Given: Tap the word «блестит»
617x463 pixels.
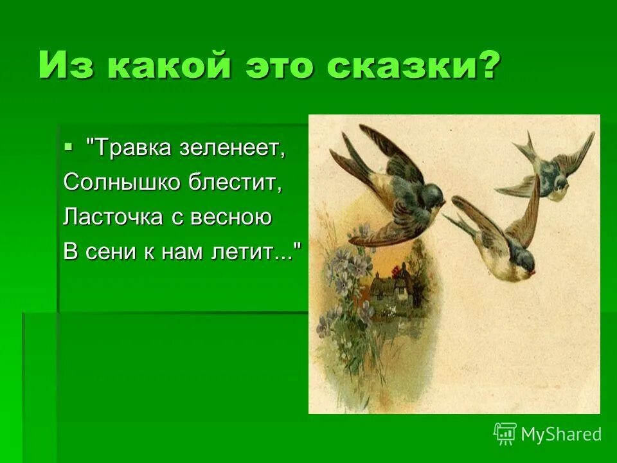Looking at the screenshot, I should coord(235,183).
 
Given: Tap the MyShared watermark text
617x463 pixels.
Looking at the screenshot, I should coord(561,435).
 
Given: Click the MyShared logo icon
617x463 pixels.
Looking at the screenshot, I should coord(505,433).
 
